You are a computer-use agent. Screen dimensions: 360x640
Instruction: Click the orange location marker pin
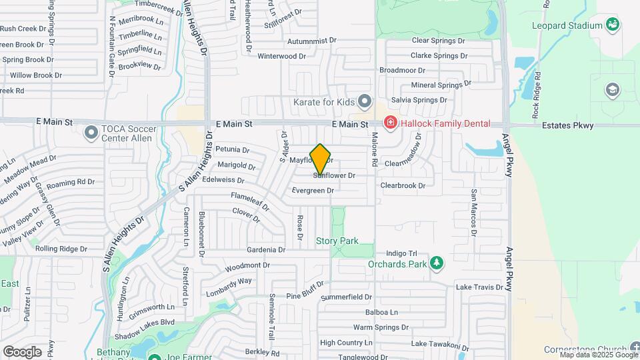(x=321, y=159)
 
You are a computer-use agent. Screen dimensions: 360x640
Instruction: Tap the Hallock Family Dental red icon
(x=390, y=123)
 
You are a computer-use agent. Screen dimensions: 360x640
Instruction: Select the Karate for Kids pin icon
(x=364, y=102)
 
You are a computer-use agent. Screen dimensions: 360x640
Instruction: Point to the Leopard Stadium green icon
(x=613, y=25)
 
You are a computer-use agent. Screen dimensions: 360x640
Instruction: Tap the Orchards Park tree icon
(x=437, y=264)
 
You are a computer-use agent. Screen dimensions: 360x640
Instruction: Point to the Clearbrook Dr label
(x=403, y=186)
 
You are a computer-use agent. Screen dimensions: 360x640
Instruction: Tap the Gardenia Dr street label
(x=265, y=250)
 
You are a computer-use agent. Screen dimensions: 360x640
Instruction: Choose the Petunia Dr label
(x=232, y=149)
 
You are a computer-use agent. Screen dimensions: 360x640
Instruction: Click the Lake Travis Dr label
(x=479, y=287)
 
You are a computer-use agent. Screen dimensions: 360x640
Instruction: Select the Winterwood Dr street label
(x=281, y=56)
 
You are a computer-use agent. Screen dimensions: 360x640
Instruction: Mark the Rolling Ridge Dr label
(x=61, y=249)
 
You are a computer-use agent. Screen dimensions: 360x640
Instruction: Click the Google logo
(x=22, y=351)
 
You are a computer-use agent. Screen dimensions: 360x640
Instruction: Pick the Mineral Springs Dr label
(x=441, y=85)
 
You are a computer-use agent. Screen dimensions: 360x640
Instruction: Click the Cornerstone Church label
(x=584, y=349)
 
